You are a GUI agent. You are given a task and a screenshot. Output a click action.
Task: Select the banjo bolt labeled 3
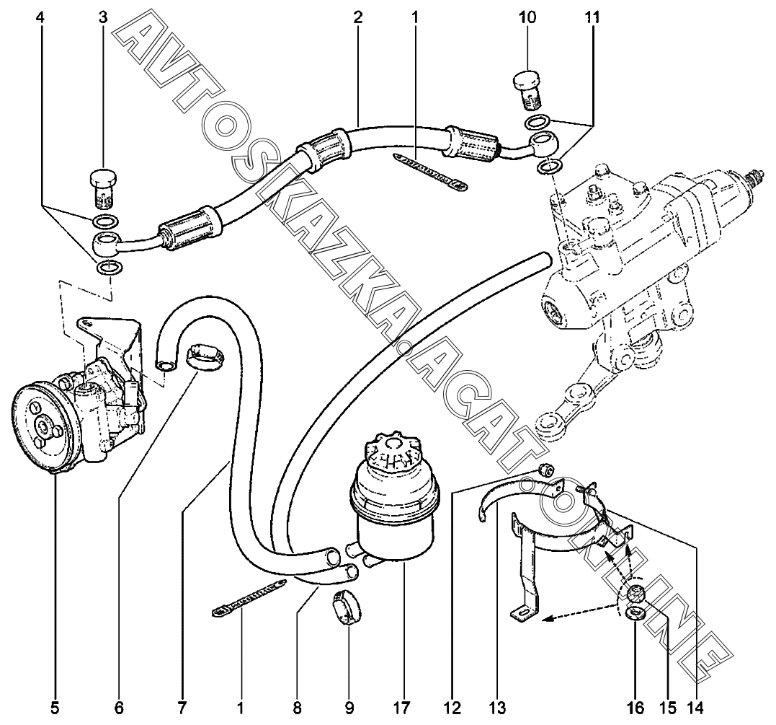coord(104,189)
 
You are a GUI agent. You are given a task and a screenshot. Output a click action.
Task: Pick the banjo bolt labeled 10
coord(530,89)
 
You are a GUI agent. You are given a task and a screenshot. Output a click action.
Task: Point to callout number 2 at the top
coord(357,17)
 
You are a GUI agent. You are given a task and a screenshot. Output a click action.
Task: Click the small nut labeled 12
coord(545,470)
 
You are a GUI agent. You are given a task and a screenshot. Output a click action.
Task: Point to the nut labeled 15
coord(635,593)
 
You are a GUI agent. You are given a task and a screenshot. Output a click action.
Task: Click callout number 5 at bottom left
coord(55,708)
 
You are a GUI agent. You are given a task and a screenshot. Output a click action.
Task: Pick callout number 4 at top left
coord(40,17)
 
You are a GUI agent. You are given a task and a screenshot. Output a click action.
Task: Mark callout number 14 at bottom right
coord(695,708)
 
